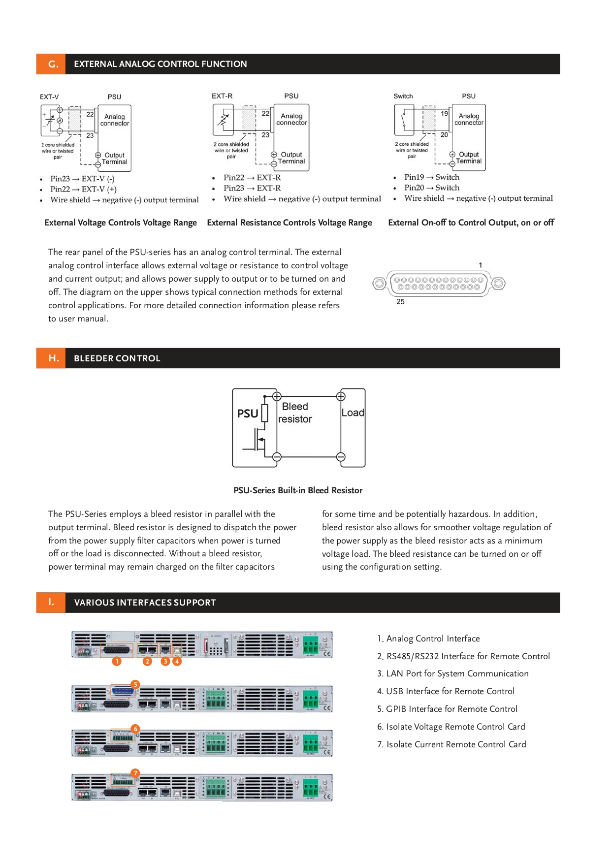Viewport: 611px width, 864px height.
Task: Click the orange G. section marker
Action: [x=53, y=64]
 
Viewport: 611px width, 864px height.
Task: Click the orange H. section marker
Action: [x=53, y=358]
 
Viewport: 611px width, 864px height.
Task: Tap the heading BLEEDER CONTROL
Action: [x=117, y=358]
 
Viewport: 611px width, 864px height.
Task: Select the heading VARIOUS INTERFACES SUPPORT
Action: [x=145, y=603]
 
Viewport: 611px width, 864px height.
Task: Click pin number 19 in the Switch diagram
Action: [x=444, y=114]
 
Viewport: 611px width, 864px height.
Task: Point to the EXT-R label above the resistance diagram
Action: [x=222, y=96]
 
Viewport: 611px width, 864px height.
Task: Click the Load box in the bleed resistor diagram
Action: [x=353, y=413]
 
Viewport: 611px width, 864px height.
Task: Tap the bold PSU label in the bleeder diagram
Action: [x=248, y=414]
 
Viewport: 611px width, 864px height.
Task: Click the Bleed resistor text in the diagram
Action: [x=295, y=413]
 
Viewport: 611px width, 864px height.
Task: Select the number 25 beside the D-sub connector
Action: [x=400, y=301]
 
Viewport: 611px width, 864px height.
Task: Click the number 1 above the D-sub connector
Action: [x=481, y=265]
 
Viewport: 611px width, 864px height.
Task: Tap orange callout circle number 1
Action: [x=117, y=661]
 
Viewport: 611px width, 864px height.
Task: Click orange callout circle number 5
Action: [x=135, y=684]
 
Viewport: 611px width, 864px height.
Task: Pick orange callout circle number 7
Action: [x=135, y=773]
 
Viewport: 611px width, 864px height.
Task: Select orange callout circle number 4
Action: [x=177, y=661]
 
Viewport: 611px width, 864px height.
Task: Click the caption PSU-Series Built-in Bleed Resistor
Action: [x=298, y=490]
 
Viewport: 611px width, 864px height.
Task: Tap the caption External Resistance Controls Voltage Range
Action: [x=289, y=223]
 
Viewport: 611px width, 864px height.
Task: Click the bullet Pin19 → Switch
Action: [x=431, y=177]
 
